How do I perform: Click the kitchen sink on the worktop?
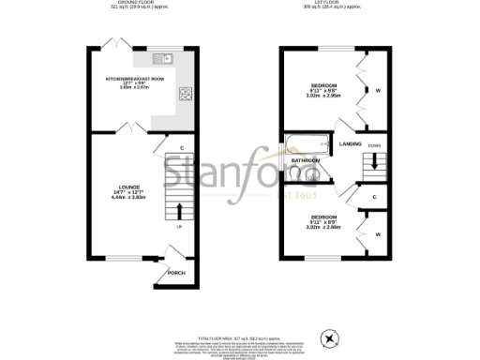pos(168,57)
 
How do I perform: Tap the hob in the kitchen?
pos(186,94)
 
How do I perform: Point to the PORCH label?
pos(176,273)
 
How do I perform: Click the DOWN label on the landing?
pos(375,147)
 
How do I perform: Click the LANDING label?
pos(351,143)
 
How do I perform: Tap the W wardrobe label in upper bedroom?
pos(377,91)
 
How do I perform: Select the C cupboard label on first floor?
pos(374,197)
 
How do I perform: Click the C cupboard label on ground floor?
pos(180,147)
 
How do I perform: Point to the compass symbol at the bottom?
pos(328,337)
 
